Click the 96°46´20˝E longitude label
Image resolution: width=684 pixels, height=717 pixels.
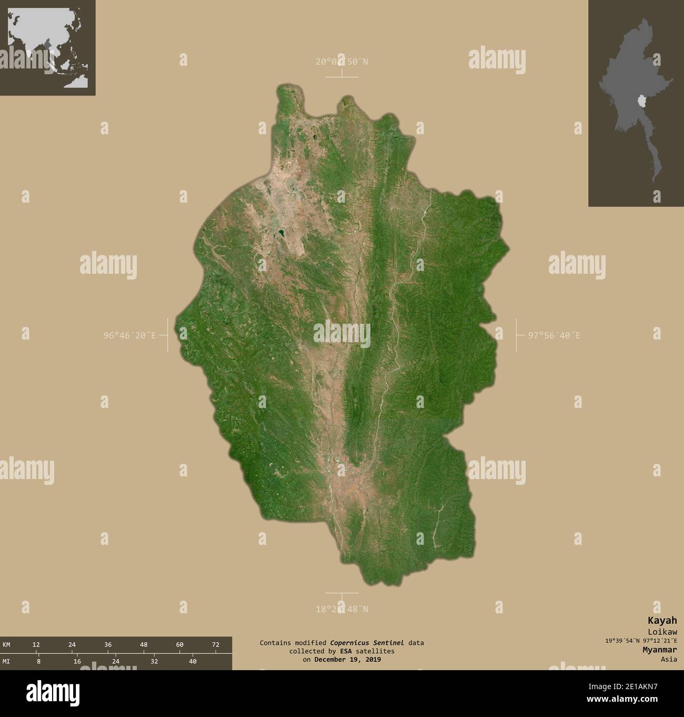click(x=129, y=335)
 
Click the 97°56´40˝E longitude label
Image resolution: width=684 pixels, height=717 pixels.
click(x=554, y=335)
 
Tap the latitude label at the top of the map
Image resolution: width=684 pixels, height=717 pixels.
click(x=342, y=62)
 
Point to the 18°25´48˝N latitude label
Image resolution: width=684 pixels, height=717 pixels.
click(x=342, y=609)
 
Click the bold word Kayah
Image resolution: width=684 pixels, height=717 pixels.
click(x=666, y=621)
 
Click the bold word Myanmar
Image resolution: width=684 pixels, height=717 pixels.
click(x=659, y=650)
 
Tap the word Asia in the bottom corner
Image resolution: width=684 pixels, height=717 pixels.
click(x=669, y=659)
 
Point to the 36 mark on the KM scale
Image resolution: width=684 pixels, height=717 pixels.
click(x=107, y=644)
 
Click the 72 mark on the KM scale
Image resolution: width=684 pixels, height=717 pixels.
click(x=215, y=644)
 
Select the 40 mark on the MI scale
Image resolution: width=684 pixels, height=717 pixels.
click(x=193, y=661)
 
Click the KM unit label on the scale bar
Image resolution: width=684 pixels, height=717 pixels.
click(x=6, y=644)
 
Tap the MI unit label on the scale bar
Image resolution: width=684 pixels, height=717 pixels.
click(x=6, y=661)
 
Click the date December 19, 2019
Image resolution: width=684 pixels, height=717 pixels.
click(x=347, y=659)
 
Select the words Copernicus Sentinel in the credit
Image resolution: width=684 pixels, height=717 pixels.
click(x=367, y=642)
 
